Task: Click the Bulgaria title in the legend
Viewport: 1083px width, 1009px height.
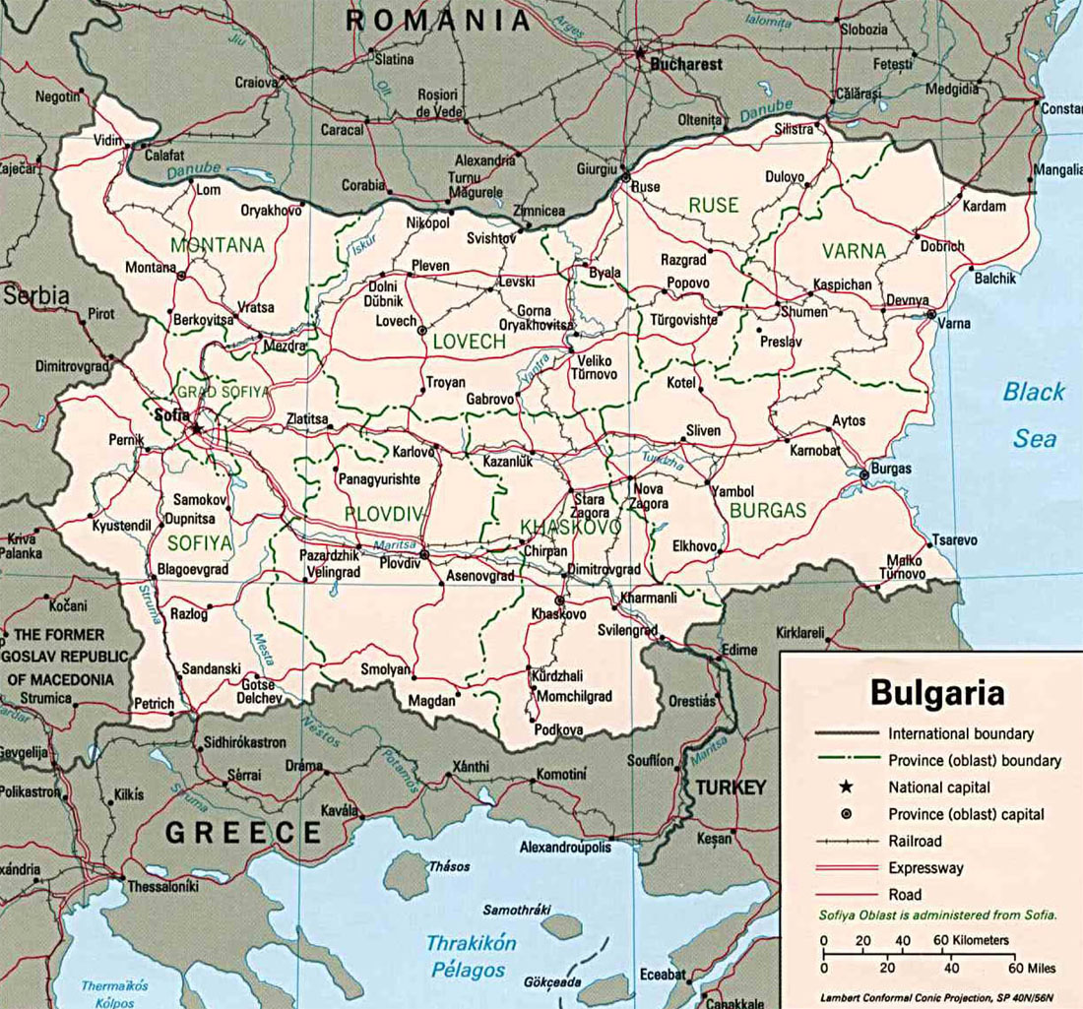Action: pyautogui.click(x=936, y=692)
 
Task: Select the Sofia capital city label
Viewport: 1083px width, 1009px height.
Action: pyautogui.click(x=171, y=414)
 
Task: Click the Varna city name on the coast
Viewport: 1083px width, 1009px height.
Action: pyautogui.click(x=954, y=323)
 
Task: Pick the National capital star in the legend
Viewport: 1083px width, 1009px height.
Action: pyautogui.click(x=846, y=787)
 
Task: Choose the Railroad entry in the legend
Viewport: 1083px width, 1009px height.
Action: pyautogui.click(x=915, y=841)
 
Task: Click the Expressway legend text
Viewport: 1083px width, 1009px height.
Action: pyautogui.click(x=925, y=868)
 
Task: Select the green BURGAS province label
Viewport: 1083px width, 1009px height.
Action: pyautogui.click(x=768, y=510)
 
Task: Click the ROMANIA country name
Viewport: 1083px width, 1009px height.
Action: pyautogui.click(x=438, y=20)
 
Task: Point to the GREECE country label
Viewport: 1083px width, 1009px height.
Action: pyautogui.click(x=243, y=833)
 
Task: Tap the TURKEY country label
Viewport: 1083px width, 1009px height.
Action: pyautogui.click(x=730, y=788)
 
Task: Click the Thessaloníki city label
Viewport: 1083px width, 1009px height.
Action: pyautogui.click(x=163, y=886)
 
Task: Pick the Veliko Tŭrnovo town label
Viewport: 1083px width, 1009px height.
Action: pyautogui.click(x=595, y=366)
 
